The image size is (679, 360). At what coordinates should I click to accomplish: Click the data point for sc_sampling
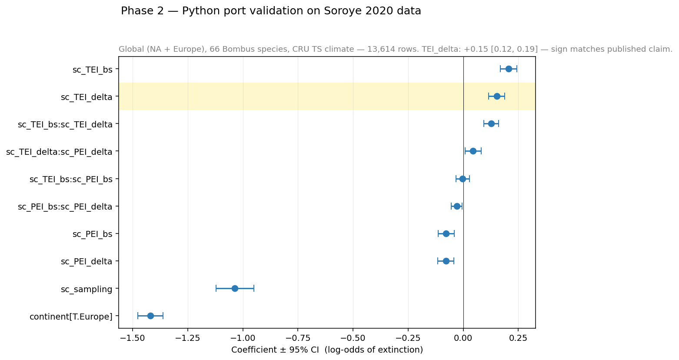235,288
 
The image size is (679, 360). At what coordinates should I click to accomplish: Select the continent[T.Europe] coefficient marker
150,316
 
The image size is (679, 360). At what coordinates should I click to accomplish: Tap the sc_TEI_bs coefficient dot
509,69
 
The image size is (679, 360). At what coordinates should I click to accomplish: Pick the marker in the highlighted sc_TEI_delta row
497,96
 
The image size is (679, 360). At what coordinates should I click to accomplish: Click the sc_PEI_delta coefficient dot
446,261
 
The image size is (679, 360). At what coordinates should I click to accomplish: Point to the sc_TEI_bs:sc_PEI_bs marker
463,179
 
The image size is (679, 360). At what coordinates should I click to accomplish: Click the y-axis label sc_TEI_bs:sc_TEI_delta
65,124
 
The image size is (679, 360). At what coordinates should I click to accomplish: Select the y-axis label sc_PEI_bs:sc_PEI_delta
65,207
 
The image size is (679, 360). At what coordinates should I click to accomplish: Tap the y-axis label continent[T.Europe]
71,317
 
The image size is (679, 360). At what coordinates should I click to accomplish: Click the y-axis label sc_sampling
87,289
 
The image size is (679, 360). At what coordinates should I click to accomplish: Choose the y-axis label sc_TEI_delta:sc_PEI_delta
59,152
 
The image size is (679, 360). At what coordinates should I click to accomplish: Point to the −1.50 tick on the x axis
133,338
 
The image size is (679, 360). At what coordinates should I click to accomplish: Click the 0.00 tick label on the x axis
463,338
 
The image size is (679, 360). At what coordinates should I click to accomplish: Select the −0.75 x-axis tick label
298,338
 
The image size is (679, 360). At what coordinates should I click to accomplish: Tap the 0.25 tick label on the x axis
518,338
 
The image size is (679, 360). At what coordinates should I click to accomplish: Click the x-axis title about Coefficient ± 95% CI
327,350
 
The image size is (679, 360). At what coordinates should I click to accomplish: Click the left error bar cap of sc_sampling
216,288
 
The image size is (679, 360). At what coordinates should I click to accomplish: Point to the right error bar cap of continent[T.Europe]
163,316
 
